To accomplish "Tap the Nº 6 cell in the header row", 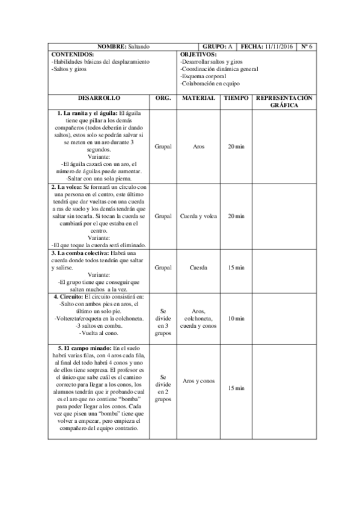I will [306, 46].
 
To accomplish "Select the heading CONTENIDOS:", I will [71, 54].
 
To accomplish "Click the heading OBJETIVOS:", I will [198, 54].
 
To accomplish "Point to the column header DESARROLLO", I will [99, 97].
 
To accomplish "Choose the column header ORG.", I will [163, 97].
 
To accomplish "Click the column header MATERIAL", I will [198, 97].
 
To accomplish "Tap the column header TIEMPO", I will [236, 97].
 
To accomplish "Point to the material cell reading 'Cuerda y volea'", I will [198, 216].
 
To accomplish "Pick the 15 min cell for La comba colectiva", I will [236, 268].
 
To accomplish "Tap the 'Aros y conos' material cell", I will [198, 381].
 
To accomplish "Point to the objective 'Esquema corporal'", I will [203, 76].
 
